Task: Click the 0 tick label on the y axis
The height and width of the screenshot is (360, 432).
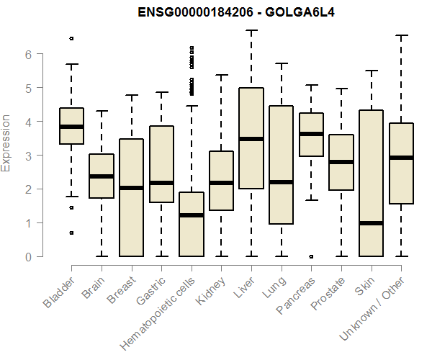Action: click(x=27, y=256)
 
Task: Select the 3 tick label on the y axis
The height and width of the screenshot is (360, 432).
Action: click(x=27, y=156)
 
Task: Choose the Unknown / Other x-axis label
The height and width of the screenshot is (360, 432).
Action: click(x=374, y=307)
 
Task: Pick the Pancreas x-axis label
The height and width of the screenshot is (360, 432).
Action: click(x=297, y=294)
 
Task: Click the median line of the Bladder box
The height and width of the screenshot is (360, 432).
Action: click(x=71, y=126)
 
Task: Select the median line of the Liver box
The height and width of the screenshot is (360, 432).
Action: click(x=251, y=139)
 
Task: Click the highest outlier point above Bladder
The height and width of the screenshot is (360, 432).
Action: click(x=71, y=38)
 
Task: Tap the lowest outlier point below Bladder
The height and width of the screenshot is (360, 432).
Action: click(x=71, y=233)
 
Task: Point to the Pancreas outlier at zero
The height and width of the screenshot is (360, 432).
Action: click(x=311, y=256)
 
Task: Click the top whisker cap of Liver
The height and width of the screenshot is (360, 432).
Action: click(x=251, y=30)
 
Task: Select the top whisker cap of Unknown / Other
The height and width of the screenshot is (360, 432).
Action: click(x=401, y=35)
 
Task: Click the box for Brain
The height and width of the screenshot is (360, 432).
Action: click(x=102, y=176)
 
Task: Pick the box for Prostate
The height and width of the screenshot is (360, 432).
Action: click(x=341, y=162)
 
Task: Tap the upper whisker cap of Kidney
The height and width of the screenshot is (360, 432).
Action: click(x=221, y=75)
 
